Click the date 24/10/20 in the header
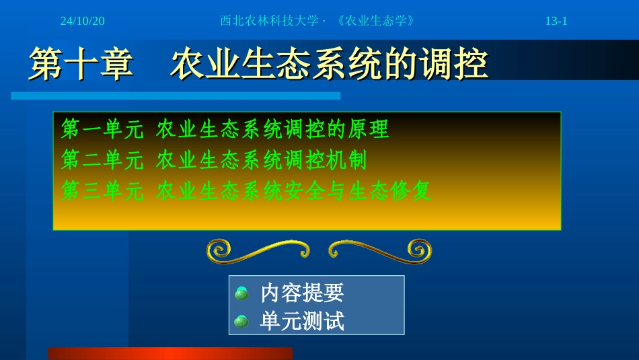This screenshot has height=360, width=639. [x=82, y=21]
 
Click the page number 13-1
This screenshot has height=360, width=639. [x=556, y=21]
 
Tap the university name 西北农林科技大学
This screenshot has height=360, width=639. [x=269, y=21]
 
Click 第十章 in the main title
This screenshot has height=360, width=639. [x=81, y=65]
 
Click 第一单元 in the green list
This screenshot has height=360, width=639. [x=102, y=129]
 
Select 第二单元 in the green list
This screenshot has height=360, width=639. [x=102, y=160]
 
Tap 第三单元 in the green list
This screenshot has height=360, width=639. [x=102, y=192]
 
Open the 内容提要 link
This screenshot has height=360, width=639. [x=302, y=293]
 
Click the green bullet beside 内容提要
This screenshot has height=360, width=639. [x=241, y=293]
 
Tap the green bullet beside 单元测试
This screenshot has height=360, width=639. [x=241, y=322]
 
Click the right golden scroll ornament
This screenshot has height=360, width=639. [x=380, y=251]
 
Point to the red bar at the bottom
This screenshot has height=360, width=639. [x=170, y=353]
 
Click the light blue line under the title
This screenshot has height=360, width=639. [x=175, y=96]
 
